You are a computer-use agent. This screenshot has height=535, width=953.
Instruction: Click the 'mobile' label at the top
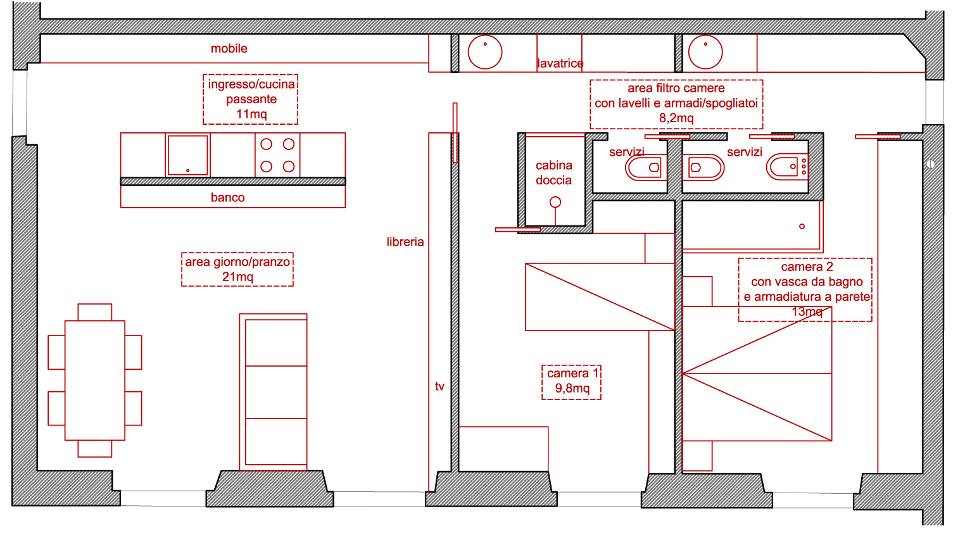point(229,49)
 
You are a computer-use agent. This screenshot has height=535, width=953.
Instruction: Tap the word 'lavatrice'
point(560,63)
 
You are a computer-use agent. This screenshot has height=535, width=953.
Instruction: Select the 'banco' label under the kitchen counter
point(227,198)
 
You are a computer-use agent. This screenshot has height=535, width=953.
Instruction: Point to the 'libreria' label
point(405,242)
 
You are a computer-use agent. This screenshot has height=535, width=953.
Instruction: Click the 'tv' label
point(439,386)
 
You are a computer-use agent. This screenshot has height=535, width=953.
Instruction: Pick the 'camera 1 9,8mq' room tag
point(571,382)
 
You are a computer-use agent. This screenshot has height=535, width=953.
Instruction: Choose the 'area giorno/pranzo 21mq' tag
point(237,269)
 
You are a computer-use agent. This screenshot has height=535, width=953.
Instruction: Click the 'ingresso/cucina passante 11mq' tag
point(251,99)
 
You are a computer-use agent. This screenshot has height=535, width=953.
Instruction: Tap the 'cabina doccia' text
point(553,173)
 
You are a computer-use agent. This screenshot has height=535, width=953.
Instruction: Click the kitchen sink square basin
point(187,155)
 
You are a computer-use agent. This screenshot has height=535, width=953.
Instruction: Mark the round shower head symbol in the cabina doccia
point(555,202)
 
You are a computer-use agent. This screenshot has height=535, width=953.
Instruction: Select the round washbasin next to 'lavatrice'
point(485,53)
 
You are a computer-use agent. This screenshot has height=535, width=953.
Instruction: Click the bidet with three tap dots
point(788,167)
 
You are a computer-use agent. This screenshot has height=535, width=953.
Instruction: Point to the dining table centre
point(95,381)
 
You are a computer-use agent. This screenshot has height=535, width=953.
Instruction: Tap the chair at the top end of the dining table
point(95,312)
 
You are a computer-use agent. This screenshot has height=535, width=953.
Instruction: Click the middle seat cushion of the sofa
point(276,392)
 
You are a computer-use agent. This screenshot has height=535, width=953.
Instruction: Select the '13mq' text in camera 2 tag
point(807,312)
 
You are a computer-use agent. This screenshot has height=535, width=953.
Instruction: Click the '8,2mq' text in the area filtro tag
point(676,118)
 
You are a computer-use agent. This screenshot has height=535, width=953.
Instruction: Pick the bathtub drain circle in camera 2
point(802,226)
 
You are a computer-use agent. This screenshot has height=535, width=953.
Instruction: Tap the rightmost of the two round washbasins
point(705,53)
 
